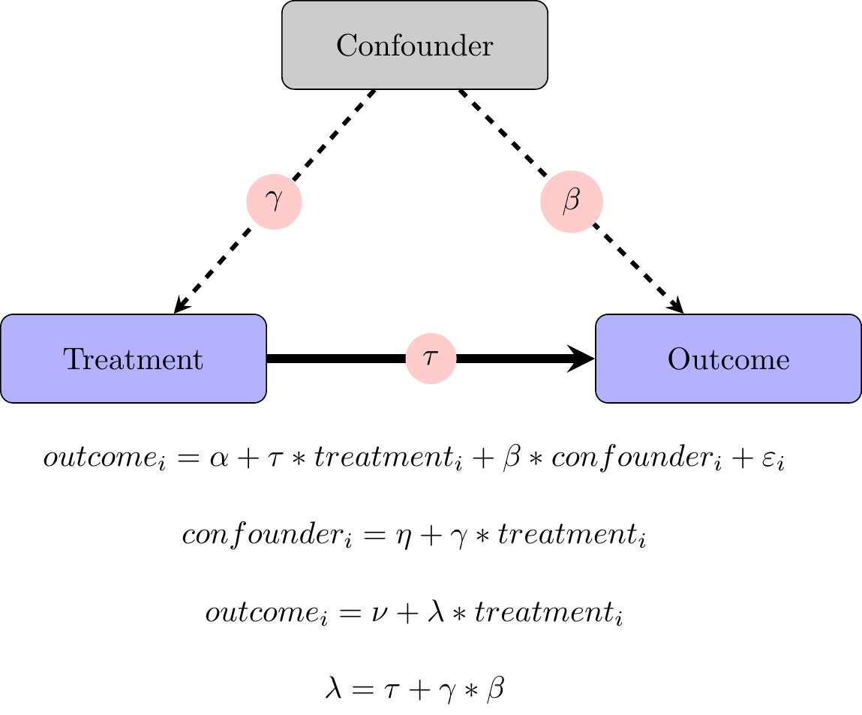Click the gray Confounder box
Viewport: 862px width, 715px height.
[414, 46]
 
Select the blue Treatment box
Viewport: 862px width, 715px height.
[134, 359]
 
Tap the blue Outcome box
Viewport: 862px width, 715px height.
[728, 359]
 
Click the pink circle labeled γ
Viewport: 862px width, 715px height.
[274, 202]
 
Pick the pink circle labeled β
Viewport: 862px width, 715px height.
[572, 202]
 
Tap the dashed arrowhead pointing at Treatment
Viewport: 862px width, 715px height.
[180, 306]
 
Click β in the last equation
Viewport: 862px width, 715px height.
[495, 689]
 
